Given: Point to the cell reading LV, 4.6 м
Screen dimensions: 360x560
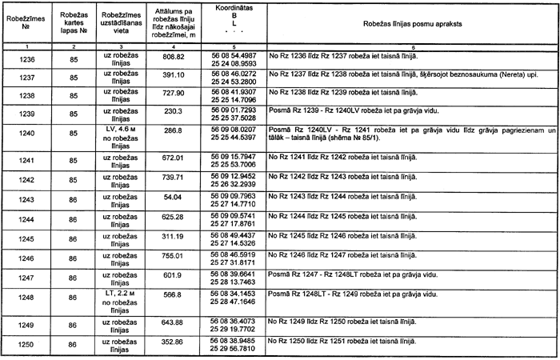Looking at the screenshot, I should tap(122, 128).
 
